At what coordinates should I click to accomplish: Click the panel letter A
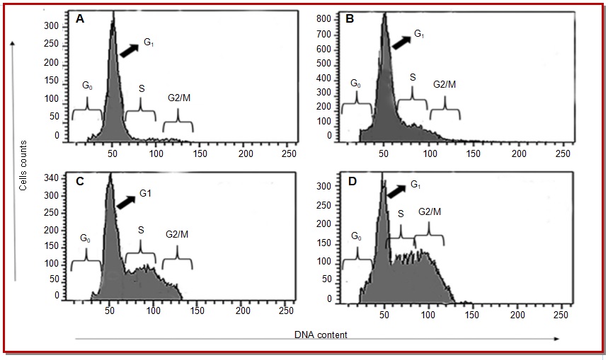click(x=81, y=21)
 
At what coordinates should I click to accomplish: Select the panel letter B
click(x=349, y=21)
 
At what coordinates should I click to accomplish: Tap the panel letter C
click(x=80, y=182)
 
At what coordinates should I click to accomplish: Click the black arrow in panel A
click(x=128, y=49)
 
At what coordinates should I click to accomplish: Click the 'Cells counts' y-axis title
click(x=24, y=165)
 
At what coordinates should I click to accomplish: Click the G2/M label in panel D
click(x=430, y=211)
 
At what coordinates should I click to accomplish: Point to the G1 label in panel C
click(x=146, y=193)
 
